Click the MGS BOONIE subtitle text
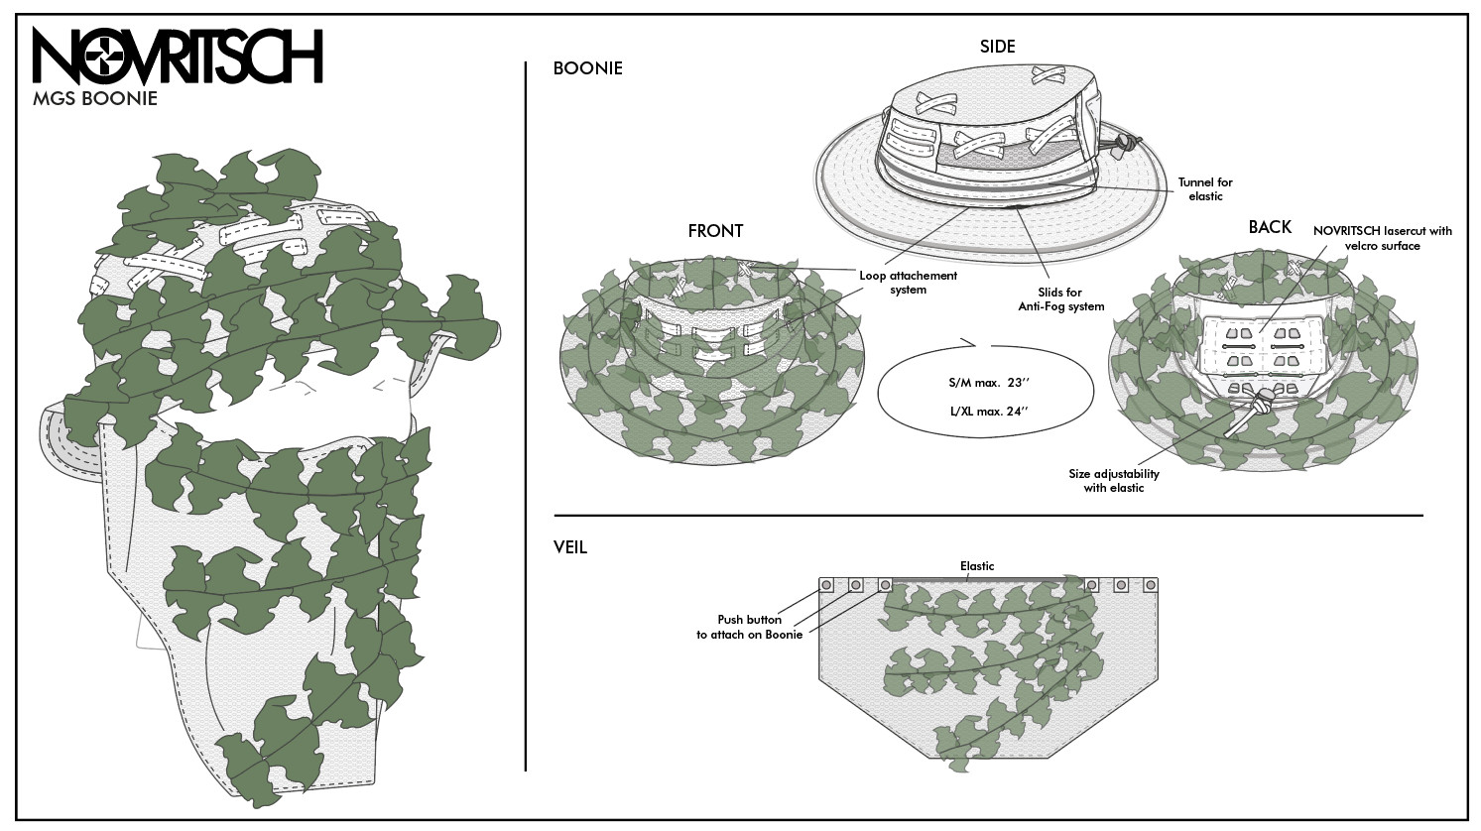click(x=95, y=99)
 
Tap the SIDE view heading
click(x=997, y=47)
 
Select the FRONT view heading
click(x=715, y=230)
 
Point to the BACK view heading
click(x=1270, y=227)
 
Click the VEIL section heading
click(x=570, y=546)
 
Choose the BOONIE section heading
click(x=587, y=68)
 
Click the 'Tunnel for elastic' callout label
click(x=1205, y=189)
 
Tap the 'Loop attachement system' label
click(x=908, y=283)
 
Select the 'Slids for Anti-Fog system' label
click(x=1060, y=299)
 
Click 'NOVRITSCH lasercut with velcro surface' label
click(x=1382, y=238)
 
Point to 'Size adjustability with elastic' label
click(x=1114, y=481)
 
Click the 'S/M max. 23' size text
click(x=985, y=382)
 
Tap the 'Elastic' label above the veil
click(x=977, y=566)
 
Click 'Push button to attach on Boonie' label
click(x=750, y=627)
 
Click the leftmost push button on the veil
click(x=825, y=585)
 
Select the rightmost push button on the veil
click(x=1151, y=585)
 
